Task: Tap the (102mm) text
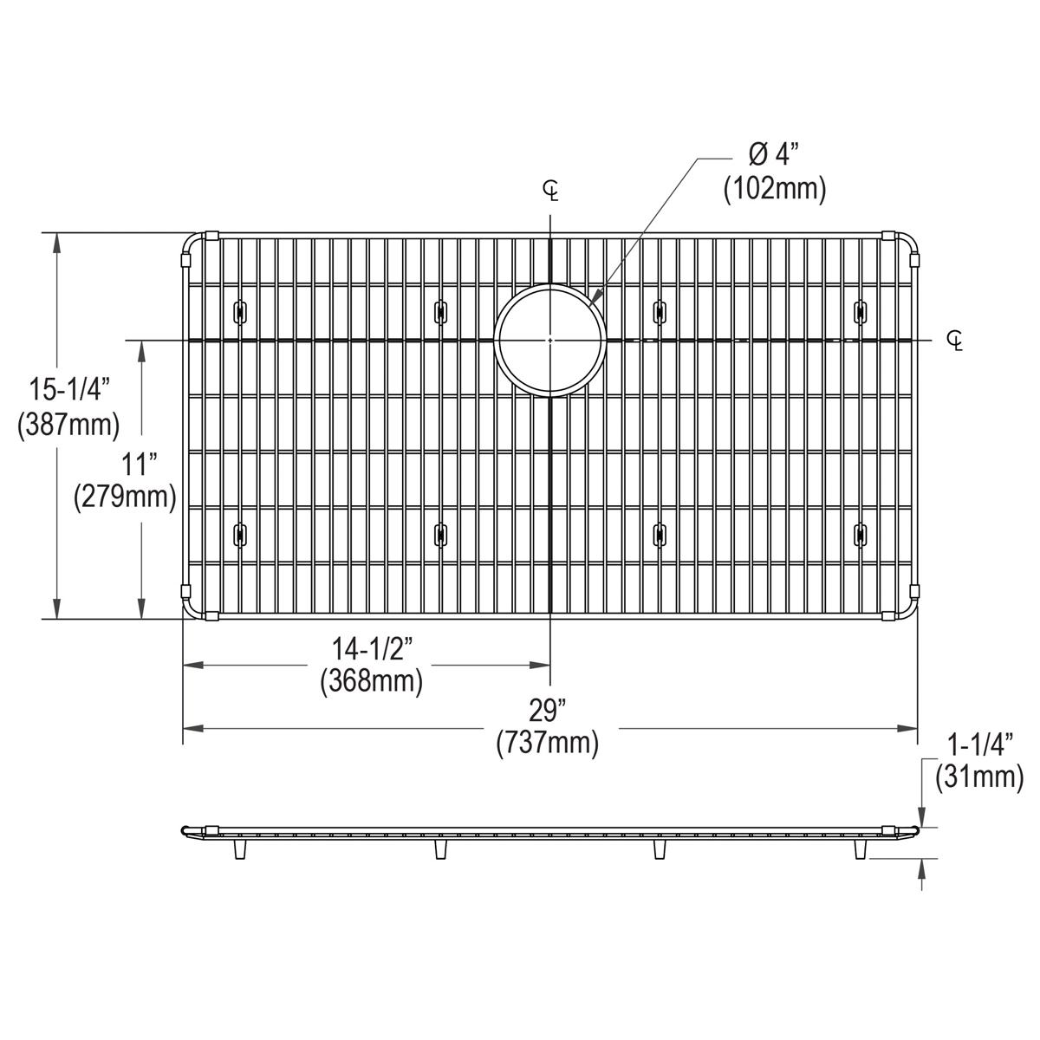pyautogui.click(x=774, y=188)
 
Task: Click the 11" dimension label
pyautogui.click(x=131, y=465)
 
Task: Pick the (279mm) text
pyautogui.click(x=125, y=496)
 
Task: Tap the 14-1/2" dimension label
pyautogui.click(x=371, y=648)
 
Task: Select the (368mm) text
pyautogui.click(x=371, y=681)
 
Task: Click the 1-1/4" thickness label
pyautogui.click(x=980, y=744)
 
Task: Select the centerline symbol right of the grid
pyautogui.click(x=955, y=341)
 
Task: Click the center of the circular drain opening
pyautogui.click(x=550, y=341)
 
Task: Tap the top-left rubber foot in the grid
pyautogui.click(x=238, y=311)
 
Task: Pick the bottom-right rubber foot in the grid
pyautogui.click(x=859, y=535)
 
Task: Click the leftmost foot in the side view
pyautogui.click(x=238, y=849)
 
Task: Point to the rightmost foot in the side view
pyautogui.click(x=860, y=849)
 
